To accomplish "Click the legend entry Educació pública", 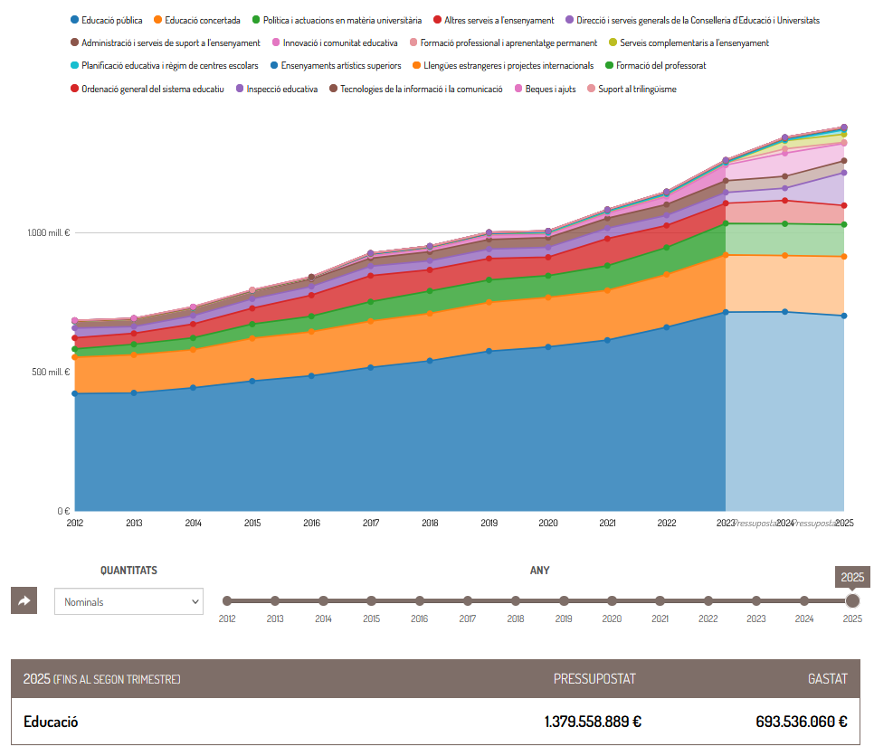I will (x=111, y=20).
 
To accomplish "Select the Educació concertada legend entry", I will (x=202, y=20).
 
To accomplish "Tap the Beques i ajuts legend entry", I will (x=551, y=90).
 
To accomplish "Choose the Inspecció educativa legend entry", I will (x=281, y=90).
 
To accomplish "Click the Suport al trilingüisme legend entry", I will (x=637, y=90).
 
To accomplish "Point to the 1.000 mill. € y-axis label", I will (x=48, y=233).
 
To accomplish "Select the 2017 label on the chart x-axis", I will (x=371, y=524).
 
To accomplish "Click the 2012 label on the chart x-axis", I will (x=75, y=524).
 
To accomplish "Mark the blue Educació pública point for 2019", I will (x=489, y=351).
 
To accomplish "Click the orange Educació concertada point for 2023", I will (x=726, y=256).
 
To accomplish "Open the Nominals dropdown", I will (x=128, y=601).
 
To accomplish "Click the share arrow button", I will (x=24, y=600).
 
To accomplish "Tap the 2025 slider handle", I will (x=852, y=600).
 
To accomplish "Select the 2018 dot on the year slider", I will (x=516, y=600).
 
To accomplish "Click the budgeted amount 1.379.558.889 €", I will (x=593, y=722).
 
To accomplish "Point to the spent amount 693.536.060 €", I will (x=801, y=722).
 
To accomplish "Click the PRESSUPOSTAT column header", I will (x=594, y=678).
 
